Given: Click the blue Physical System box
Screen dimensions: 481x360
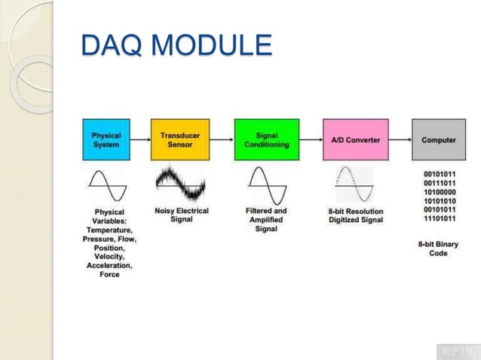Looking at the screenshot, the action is tap(106, 139).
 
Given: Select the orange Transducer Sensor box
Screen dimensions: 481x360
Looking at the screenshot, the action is tap(175, 139).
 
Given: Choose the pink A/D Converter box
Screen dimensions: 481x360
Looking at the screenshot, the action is tap(356, 139).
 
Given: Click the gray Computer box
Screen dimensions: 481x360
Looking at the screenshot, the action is tap(438, 139).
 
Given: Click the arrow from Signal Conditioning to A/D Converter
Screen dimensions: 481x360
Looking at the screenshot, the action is tap(311, 140).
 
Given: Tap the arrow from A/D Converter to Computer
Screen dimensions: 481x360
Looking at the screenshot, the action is tap(400, 140).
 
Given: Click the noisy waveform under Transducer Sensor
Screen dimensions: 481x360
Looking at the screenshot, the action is tap(180, 185).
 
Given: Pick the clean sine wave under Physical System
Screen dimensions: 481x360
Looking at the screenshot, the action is tap(106, 185).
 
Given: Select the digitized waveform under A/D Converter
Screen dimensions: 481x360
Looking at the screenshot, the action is tap(354, 185).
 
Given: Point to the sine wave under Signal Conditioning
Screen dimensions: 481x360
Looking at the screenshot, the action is tap(267, 185).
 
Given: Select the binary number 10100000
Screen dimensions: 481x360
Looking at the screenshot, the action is tap(438, 191).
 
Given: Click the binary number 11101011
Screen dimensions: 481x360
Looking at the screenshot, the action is tap(438, 218).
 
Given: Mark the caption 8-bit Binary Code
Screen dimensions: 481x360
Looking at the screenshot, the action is tap(438, 249).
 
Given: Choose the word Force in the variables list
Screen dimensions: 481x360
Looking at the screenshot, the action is tap(109, 275).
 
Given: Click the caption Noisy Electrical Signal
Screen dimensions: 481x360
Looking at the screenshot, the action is tap(181, 215).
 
